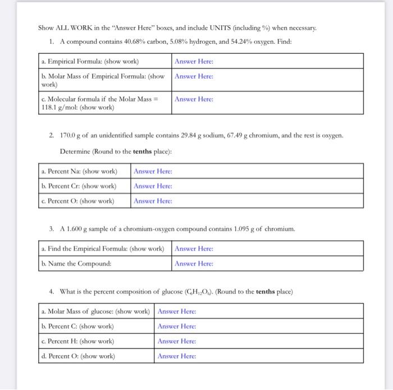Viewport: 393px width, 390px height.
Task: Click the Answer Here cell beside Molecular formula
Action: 194,99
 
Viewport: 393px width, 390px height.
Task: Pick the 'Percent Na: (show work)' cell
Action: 79,171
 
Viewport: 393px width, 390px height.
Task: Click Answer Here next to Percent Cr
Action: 153,186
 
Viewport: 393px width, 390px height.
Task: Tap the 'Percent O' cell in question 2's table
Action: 78,200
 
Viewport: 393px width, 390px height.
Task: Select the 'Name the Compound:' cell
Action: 76,263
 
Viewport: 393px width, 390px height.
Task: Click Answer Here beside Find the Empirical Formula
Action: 194,249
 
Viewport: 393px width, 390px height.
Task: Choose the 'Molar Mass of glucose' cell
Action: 95,311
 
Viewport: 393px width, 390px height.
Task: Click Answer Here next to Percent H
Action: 177,341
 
